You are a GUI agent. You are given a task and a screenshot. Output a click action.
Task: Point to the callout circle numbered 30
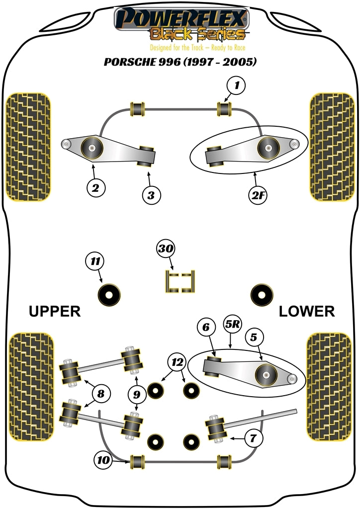click(166, 249)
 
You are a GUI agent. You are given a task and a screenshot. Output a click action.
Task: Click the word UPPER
click(55, 312)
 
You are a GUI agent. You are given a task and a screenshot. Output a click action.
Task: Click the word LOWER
click(306, 312)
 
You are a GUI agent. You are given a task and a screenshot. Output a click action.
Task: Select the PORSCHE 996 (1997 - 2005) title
click(180, 63)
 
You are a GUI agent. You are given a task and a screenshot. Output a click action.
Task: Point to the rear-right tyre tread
click(331, 388)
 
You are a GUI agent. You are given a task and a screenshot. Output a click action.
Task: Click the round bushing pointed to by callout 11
click(109, 295)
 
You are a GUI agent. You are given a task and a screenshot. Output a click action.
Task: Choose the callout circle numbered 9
click(137, 395)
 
